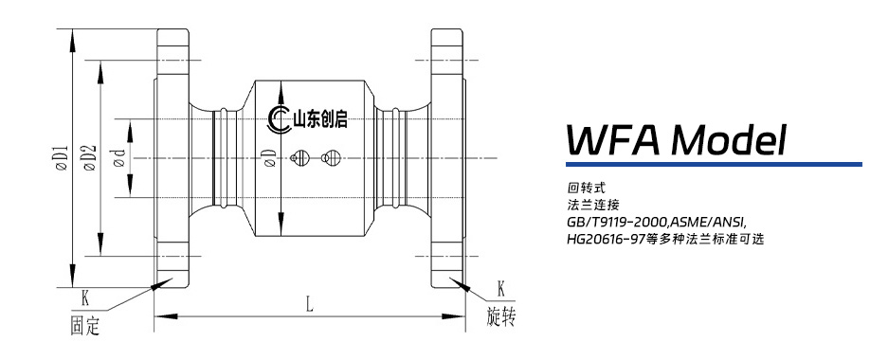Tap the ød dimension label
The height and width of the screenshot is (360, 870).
click(x=119, y=158)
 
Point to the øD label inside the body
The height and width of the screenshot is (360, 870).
click(x=269, y=158)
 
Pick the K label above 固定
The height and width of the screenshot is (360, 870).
click(x=84, y=296)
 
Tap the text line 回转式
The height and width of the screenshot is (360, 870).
click(x=581, y=188)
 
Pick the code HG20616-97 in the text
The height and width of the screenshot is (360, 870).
click(x=606, y=239)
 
